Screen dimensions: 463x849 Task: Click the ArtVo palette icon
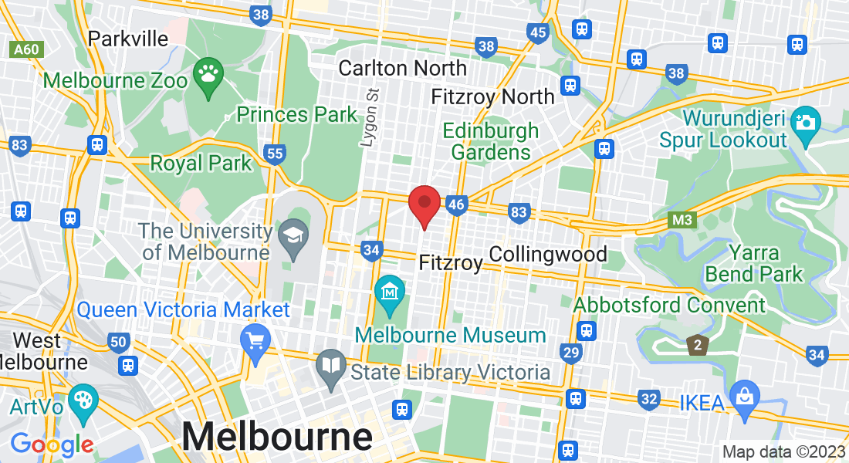click(81, 400)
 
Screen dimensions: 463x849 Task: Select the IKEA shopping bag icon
click(744, 397)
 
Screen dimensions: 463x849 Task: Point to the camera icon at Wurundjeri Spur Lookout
click(805, 123)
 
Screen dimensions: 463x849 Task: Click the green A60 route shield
click(26, 50)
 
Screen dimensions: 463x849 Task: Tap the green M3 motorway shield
click(682, 221)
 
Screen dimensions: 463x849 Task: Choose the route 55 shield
click(275, 154)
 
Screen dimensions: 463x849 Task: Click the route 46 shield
click(457, 204)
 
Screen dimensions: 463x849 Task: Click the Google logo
click(52, 444)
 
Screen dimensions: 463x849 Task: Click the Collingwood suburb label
click(548, 254)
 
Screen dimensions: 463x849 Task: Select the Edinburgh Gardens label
click(491, 141)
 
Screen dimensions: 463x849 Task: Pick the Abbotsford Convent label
click(669, 305)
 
